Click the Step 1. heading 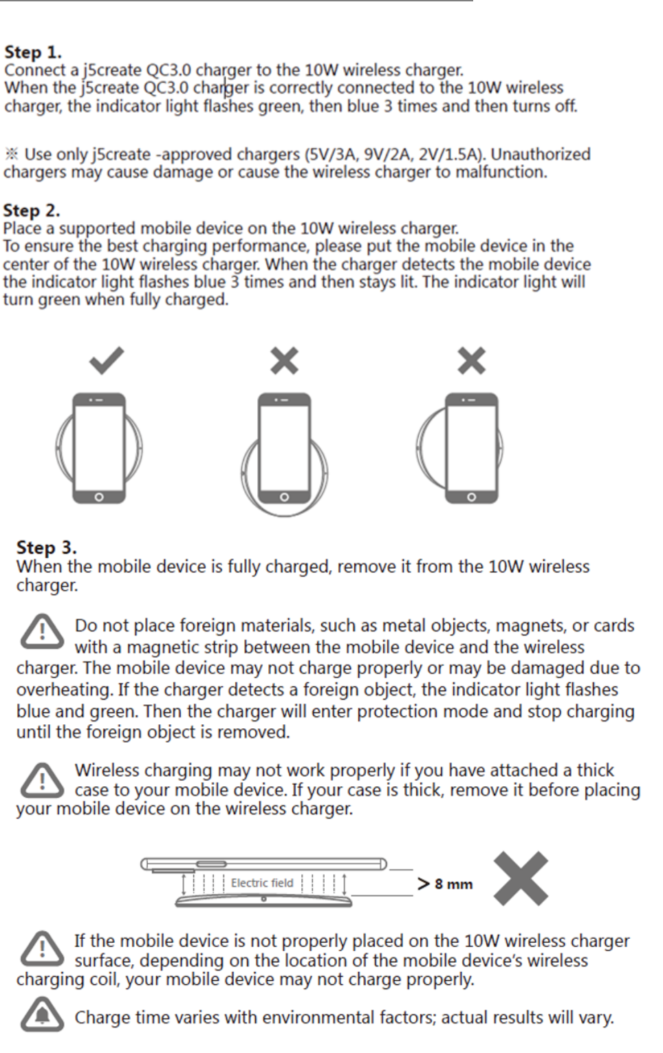[x=32, y=52]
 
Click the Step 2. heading [x=32, y=210]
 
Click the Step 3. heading [x=46, y=547]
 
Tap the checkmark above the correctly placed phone [x=107, y=360]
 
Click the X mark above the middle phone [x=284, y=360]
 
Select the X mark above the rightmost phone [x=472, y=360]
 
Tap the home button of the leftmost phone [x=99, y=497]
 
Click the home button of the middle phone [x=284, y=497]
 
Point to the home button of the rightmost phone [x=471, y=497]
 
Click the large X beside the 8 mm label [x=521, y=878]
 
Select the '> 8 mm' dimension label [x=445, y=884]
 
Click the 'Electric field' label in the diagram [x=262, y=883]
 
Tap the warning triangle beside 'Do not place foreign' [x=42, y=632]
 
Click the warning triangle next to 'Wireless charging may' [x=42, y=779]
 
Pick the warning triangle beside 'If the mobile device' [x=42, y=948]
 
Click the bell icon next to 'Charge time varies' [x=42, y=1014]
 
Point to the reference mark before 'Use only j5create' [x=11, y=154]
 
